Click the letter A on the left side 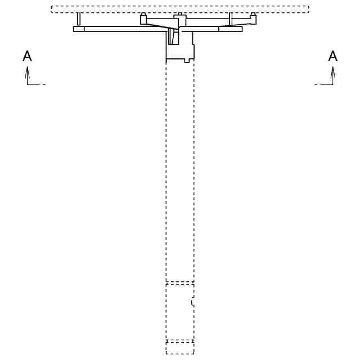26,56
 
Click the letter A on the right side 333,56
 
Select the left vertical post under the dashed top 79,19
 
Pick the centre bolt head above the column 179,15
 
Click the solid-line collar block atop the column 180,48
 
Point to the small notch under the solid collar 187,60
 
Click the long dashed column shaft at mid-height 180,169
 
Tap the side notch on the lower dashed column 193,302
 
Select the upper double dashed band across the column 180,283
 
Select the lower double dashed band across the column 180,341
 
